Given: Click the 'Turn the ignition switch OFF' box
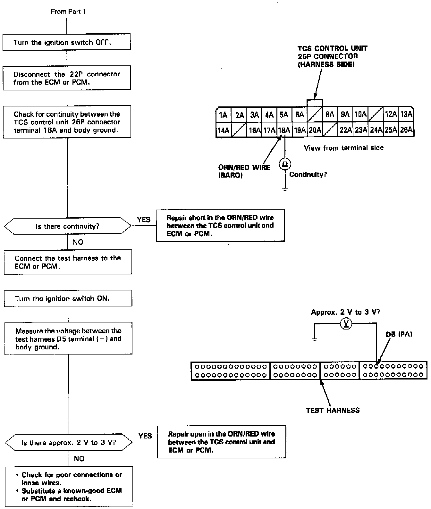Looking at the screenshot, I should click(x=67, y=42).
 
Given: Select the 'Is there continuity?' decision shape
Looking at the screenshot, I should click(x=68, y=226).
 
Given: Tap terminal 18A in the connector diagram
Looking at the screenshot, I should click(x=284, y=130).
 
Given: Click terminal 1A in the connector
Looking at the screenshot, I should click(x=223, y=115).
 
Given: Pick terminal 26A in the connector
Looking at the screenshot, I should click(x=406, y=130).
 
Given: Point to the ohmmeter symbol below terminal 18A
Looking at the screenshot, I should click(x=284, y=164).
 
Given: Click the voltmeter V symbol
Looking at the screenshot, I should click(x=345, y=324).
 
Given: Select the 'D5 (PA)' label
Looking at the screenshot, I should click(x=399, y=334).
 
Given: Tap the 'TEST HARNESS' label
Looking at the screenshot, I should click(x=333, y=410).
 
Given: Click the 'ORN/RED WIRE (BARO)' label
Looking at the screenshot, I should click(x=244, y=171).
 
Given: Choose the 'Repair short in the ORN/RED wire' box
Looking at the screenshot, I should click(x=220, y=225).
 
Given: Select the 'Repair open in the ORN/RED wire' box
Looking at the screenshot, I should click(x=221, y=442).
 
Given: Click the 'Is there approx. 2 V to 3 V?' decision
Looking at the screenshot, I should click(x=69, y=443).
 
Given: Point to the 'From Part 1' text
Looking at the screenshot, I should click(x=68, y=12).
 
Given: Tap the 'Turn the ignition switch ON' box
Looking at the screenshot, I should click(x=68, y=298).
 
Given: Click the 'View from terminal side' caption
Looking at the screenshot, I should click(x=343, y=148).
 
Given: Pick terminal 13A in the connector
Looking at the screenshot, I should click(x=406, y=115).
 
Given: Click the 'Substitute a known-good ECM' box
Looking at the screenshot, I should click(x=69, y=486).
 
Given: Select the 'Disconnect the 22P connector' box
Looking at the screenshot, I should click(x=67, y=78).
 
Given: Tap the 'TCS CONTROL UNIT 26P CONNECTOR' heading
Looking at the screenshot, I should click(x=332, y=56).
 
